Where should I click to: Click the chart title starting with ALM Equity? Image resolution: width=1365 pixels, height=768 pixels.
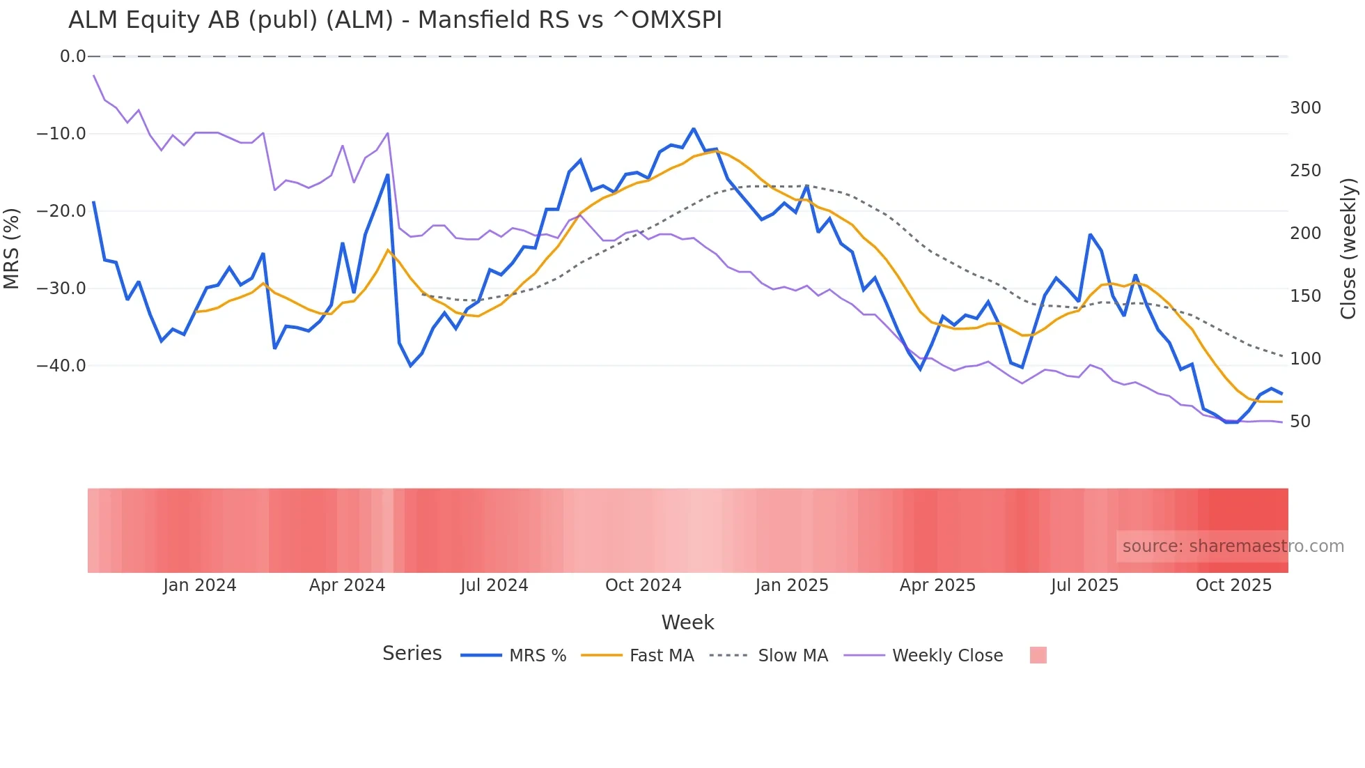pyautogui.click(x=395, y=20)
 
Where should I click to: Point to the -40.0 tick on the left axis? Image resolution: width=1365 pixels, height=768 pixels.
pyautogui.click(x=61, y=365)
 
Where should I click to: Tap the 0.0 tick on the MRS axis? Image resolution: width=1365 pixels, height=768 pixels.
pyautogui.click(x=72, y=56)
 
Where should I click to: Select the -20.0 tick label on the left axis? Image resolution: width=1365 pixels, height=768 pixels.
pyautogui.click(x=61, y=210)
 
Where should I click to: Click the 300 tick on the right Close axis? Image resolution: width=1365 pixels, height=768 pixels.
pyautogui.click(x=1305, y=108)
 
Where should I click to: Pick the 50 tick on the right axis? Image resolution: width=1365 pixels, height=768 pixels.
pyautogui.click(x=1300, y=422)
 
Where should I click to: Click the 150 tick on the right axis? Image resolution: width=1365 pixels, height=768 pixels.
pyautogui.click(x=1305, y=296)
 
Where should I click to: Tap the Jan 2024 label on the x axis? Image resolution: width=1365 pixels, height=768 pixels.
pyautogui.click(x=200, y=585)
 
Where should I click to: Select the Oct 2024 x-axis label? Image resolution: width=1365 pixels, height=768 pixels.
pyautogui.click(x=643, y=585)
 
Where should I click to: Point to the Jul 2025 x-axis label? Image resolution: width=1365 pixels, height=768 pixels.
pyautogui.click(x=1084, y=585)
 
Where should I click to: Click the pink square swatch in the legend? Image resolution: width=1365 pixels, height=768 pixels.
pyautogui.click(x=1038, y=655)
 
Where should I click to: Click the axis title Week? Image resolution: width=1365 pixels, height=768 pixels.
pyautogui.click(x=687, y=622)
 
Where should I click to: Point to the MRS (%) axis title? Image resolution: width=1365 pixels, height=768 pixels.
pyautogui.click(x=12, y=248)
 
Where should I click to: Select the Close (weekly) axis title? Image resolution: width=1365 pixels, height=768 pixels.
pyautogui.click(x=1348, y=249)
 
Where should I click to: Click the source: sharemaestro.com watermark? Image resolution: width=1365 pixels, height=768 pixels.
pyautogui.click(x=1233, y=546)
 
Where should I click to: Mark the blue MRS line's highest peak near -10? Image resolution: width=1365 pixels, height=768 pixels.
pyautogui.click(x=694, y=129)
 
